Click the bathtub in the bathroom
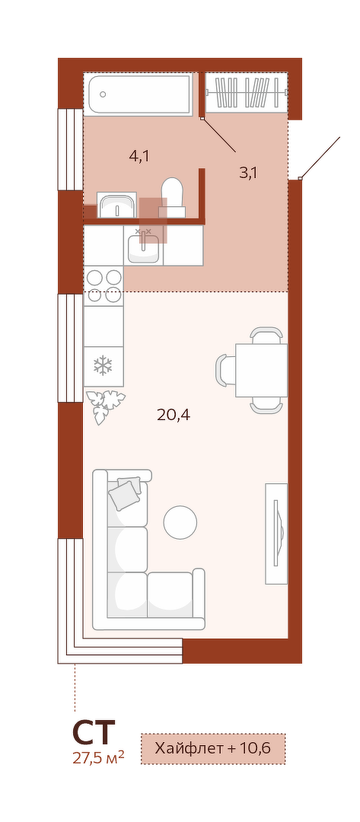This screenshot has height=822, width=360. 139,94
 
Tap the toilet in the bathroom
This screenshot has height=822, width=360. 172,197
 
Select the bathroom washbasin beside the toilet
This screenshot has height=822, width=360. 117,205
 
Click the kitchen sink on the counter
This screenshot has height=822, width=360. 143,247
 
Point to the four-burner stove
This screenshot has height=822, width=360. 104,285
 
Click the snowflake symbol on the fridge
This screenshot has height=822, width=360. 104,365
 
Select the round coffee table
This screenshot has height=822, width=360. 180,521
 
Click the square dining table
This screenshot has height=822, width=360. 262,370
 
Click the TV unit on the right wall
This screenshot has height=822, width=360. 276,533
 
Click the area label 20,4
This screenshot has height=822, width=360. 174,416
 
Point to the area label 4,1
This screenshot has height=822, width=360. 139,156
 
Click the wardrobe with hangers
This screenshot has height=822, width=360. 247,92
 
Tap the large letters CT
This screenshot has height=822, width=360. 94,733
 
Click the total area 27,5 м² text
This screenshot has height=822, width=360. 98,758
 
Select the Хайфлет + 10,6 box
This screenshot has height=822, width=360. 213,748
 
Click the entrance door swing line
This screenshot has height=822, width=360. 320,158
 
